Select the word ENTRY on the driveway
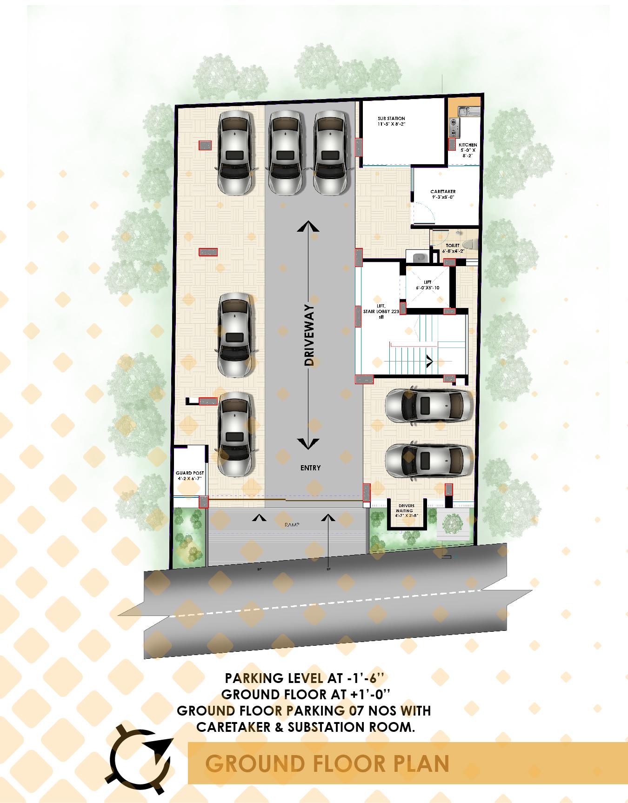coord(310,468)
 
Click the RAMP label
coord(292,525)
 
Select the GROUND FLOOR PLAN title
coord(327,763)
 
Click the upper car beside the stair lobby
coord(428,404)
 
